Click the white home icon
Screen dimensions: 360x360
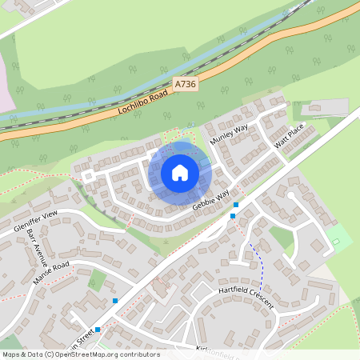coord(180,172)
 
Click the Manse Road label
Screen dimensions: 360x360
coord(52,272)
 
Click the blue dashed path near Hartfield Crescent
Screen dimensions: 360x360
coord(259,264)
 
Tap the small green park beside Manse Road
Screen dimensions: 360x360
coord(98,279)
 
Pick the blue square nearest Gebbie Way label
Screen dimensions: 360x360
coord(235,205)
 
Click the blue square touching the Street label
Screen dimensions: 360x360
coord(98,330)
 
